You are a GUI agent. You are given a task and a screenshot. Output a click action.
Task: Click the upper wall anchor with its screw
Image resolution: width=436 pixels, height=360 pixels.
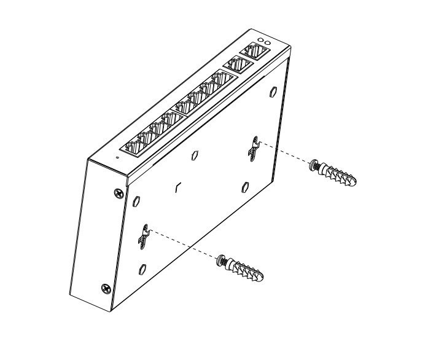(335, 173)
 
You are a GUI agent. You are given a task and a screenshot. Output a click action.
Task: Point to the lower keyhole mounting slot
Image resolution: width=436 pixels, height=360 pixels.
(144, 236)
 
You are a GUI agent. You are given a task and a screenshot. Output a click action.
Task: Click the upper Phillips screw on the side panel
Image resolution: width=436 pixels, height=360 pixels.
(119, 194)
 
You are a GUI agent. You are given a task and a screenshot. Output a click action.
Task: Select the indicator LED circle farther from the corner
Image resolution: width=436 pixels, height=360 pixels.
(260, 40)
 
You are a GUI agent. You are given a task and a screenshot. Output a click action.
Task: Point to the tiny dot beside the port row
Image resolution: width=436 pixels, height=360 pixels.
(117, 158)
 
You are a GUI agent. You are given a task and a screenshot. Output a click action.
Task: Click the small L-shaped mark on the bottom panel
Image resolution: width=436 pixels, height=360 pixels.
(177, 186)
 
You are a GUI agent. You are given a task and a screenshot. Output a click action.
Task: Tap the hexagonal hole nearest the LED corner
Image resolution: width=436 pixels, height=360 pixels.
(273, 92)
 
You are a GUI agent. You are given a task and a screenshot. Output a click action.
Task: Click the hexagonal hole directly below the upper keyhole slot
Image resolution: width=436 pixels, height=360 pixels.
(245, 186)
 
